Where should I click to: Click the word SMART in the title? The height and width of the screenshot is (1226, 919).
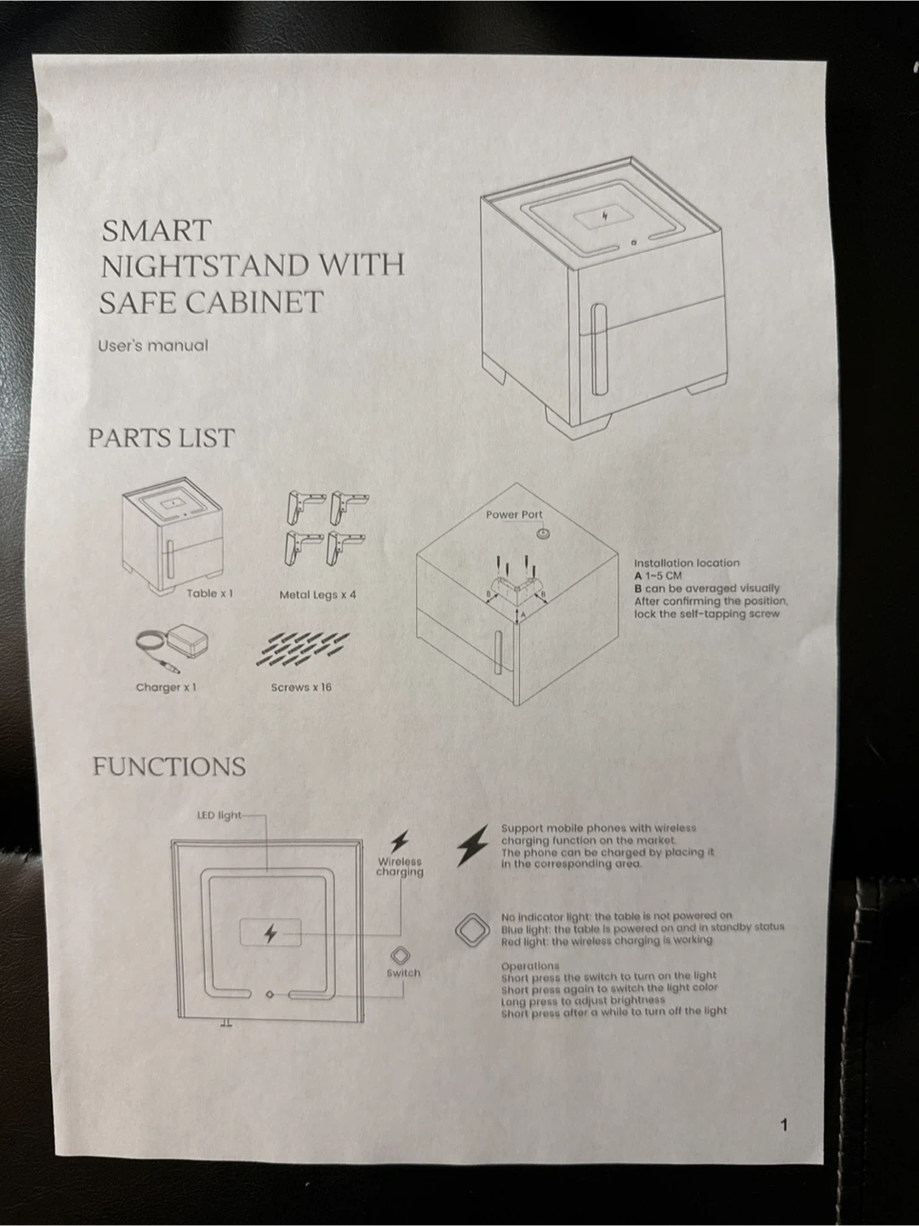coord(157,231)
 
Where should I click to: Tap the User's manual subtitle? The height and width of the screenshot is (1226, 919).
coord(153,346)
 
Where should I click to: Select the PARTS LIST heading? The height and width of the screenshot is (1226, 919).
coord(162,438)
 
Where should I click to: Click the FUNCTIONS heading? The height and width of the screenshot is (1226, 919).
coord(169,767)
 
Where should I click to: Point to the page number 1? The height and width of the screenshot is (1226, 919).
coord(784,1125)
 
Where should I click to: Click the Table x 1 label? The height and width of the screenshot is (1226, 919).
coord(210,593)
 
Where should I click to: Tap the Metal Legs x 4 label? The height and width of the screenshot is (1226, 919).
coord(317,595)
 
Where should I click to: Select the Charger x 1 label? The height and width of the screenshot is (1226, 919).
coord(166,687)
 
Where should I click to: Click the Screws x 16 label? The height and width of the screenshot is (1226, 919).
coord(301,687)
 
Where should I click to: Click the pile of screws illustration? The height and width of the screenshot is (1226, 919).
coord(302,650)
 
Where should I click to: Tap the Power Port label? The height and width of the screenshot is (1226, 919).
coord(514,514)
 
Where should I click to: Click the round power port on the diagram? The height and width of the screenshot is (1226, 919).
coord(542,535)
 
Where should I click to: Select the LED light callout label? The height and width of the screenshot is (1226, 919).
coord(220,816)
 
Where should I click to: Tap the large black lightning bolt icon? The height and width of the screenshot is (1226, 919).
coord(472,845)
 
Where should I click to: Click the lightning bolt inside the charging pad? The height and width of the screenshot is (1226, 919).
coord(271,933)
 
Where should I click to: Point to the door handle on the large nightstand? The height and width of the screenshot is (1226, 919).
coord(599,350)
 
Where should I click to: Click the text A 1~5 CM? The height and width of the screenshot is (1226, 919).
coord(658,576)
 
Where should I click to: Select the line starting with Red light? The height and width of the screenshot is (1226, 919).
coord(607,941)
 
